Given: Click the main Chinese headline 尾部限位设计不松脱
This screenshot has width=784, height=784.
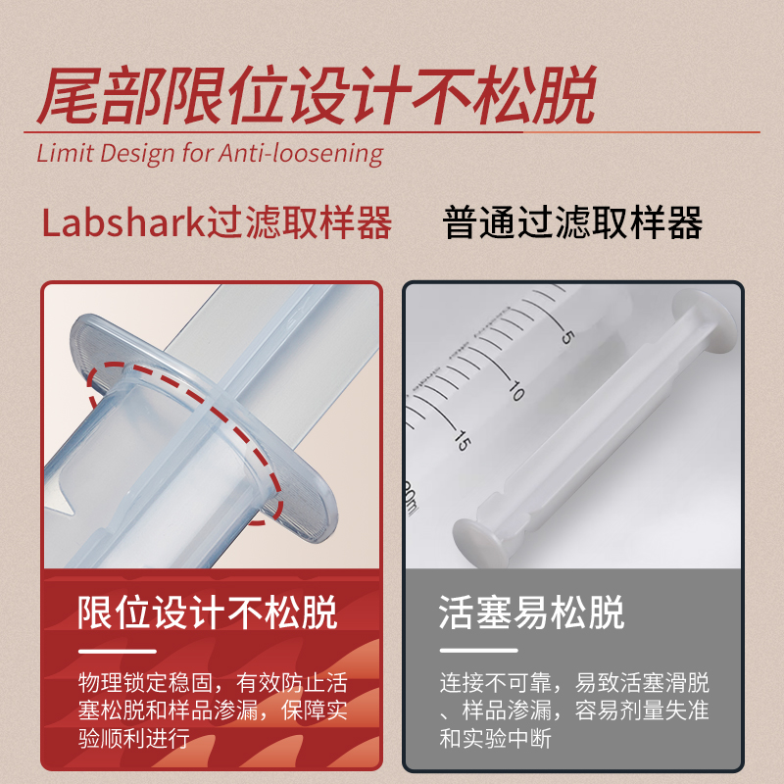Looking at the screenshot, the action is (316, 94).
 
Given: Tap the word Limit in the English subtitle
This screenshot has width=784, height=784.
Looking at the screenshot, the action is (65, 152).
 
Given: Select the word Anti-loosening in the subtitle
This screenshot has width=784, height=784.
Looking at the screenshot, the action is (301, 153).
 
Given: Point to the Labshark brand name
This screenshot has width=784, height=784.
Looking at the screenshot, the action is (124, 222).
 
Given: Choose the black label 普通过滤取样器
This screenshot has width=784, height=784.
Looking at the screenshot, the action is (572, 222).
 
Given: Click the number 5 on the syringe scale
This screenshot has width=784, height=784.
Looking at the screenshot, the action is (567, 337).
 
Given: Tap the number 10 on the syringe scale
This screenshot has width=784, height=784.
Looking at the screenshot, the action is (517, 390).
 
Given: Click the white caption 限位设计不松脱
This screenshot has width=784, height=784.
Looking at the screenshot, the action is (208, 612).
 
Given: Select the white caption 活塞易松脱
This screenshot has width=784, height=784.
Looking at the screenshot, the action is (531, 612).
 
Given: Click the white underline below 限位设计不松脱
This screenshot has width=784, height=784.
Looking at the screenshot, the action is (118, 651).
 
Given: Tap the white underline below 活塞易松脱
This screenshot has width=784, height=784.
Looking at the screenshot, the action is (478, 651).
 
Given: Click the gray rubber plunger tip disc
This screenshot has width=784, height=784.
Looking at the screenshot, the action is (480, 543).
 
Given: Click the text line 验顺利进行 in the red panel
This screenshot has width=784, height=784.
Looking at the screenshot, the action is (134, 738).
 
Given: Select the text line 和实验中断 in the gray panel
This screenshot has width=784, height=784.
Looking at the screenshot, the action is (495, 738).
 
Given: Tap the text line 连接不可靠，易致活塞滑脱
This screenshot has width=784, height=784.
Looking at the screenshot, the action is (574, 682).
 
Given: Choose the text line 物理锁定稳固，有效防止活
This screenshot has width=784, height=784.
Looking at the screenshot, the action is (213, 682).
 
